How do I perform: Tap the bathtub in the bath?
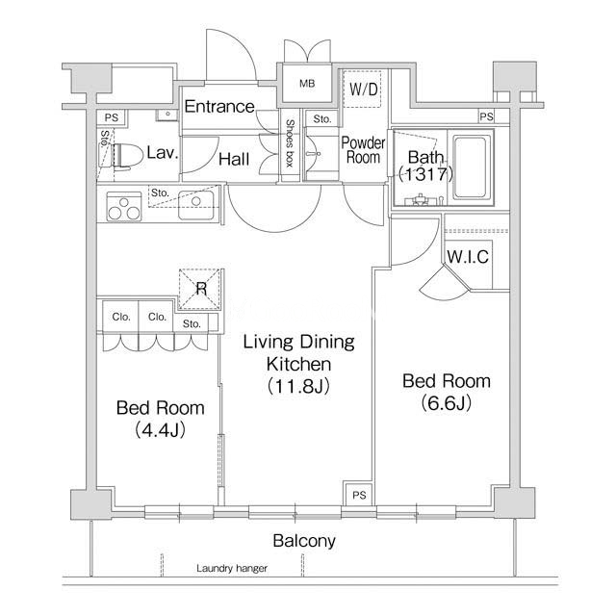[x=472, y=167]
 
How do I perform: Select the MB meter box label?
[x=307, y=84]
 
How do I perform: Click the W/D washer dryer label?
[x=364, y=90]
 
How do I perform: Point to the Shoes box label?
[x=290, y=143]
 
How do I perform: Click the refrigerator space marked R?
[x=199, y=289]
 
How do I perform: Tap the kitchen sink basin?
[x=196, y=205]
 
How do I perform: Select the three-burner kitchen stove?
[x=124, y=207]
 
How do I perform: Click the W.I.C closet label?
[x=468, y=257]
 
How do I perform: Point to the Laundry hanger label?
[x=232, y=568]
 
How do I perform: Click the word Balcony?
[x=304, y=541]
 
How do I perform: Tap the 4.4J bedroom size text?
[x=160, y=430]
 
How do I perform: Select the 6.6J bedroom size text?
[x=447, y=403]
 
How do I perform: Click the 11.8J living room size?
[x=298, y=386]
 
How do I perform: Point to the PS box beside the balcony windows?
[x=359, y=495]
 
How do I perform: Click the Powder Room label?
[x=364, y=150]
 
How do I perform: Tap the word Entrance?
[x=219, y=107]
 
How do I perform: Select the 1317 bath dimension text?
[x=425, y=174]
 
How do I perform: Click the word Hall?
[x=234, y=159]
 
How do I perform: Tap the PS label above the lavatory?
[x=112, y=117]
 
